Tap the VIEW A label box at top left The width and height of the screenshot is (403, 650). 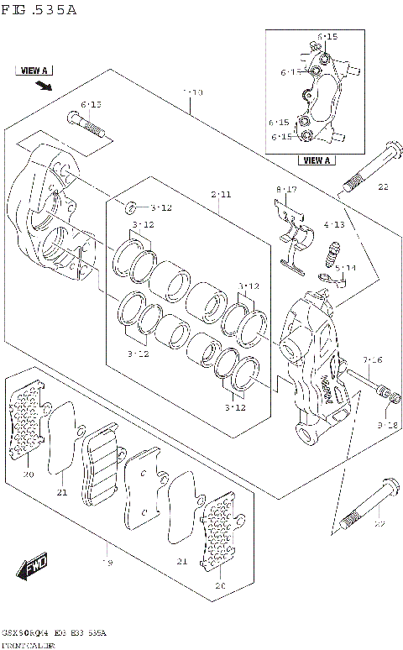click(x=34, y=71)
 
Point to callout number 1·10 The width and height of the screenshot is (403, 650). click(x=192, y=92)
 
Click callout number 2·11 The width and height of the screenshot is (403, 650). click(x=221, y=195)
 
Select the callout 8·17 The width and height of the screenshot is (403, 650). click(x=286, y=190)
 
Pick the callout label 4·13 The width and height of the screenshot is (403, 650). click(x=333, y=225)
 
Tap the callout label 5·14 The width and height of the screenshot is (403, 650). click(x=345, y=268)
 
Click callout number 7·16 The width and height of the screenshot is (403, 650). click(x=373, y=360)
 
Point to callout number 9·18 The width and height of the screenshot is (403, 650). click(x=386, y=426)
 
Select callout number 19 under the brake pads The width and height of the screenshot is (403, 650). click(x=107, y=562)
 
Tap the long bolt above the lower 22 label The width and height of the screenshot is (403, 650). click(x=364, y=506)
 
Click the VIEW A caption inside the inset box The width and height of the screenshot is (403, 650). click(x=317, y=160)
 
